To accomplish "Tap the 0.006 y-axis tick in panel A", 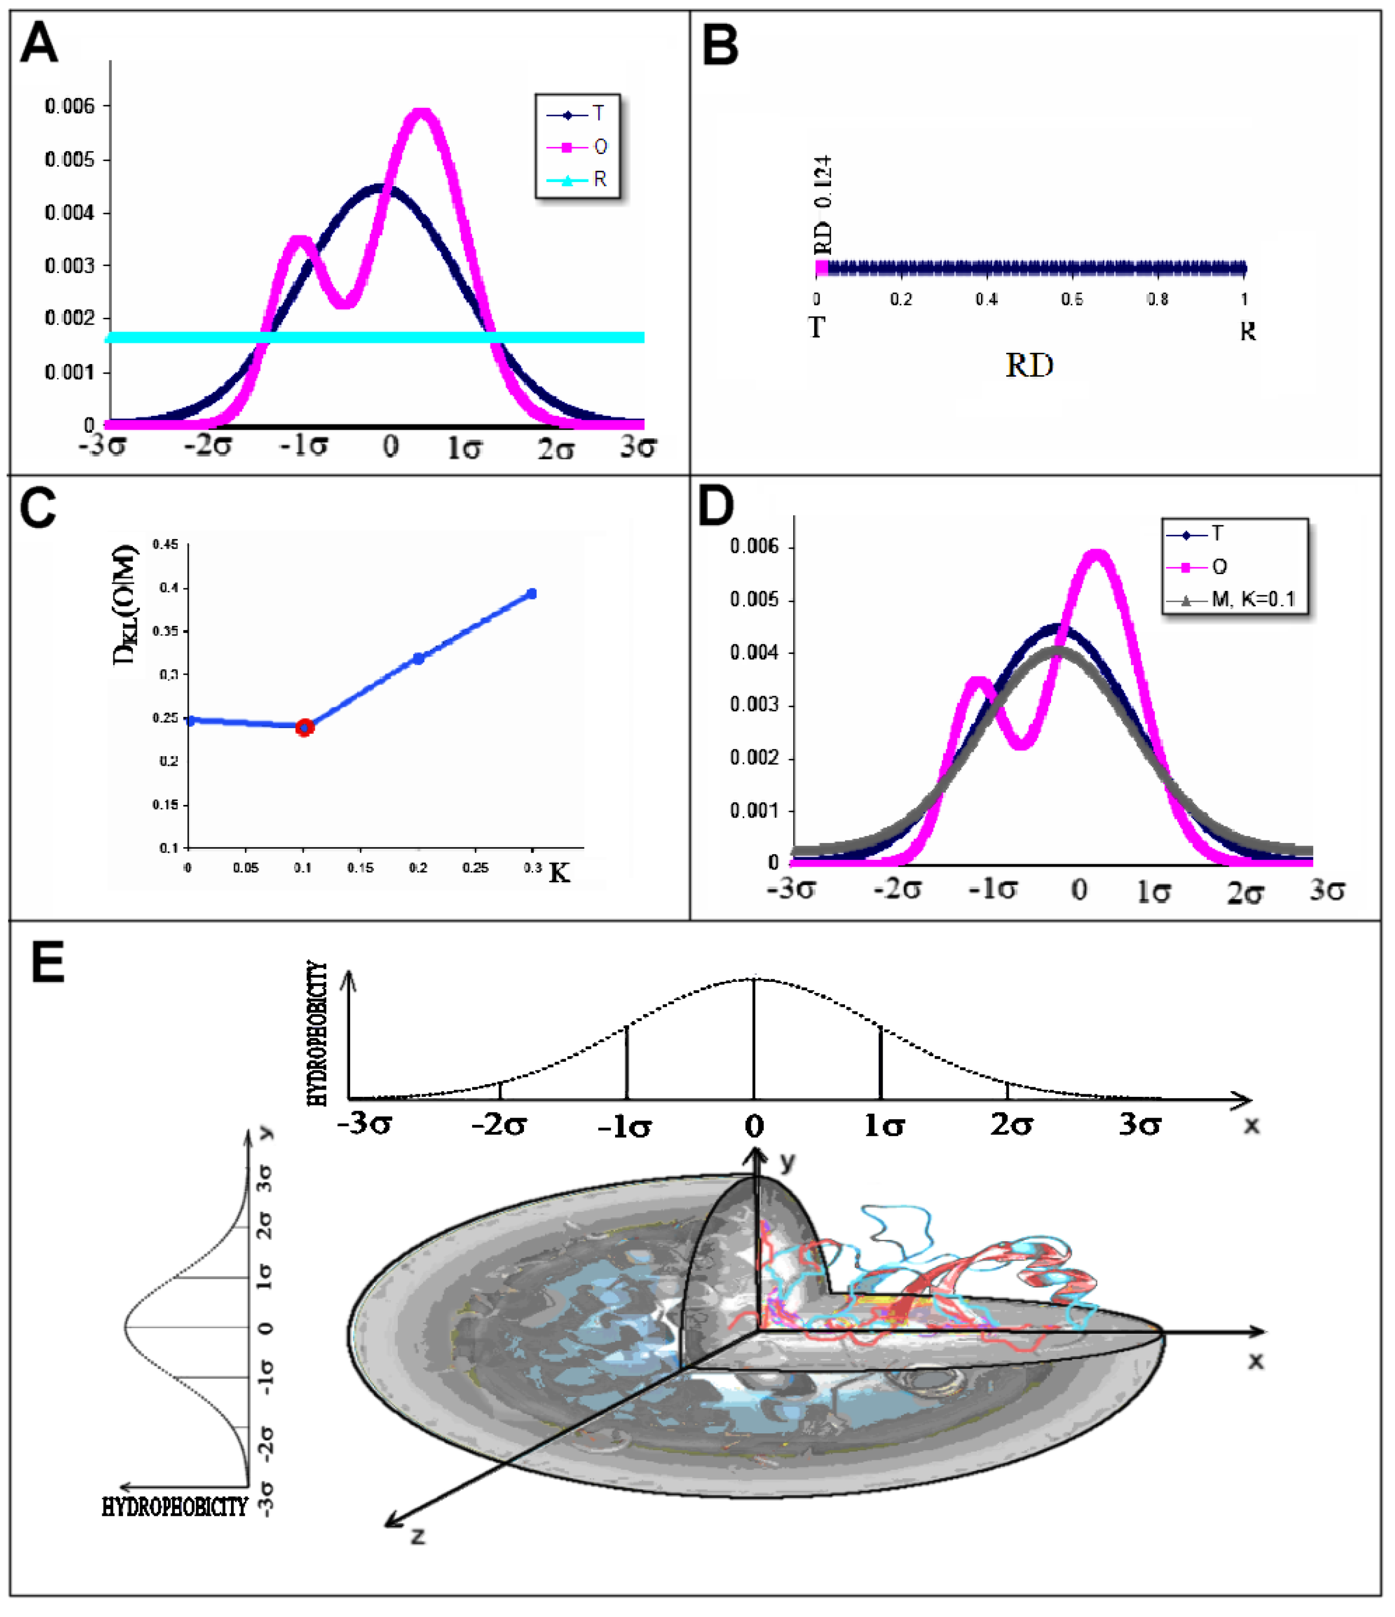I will [70, 106].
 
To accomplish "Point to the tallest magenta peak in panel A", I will [422, 114].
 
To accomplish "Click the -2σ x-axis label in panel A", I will [208, 447].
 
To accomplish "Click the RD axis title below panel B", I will [1029, 365].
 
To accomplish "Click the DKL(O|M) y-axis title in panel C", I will [125, 605].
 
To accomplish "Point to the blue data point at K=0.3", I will [532, 594].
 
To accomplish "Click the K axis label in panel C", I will [559, 873].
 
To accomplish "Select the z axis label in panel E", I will [418, 1536].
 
